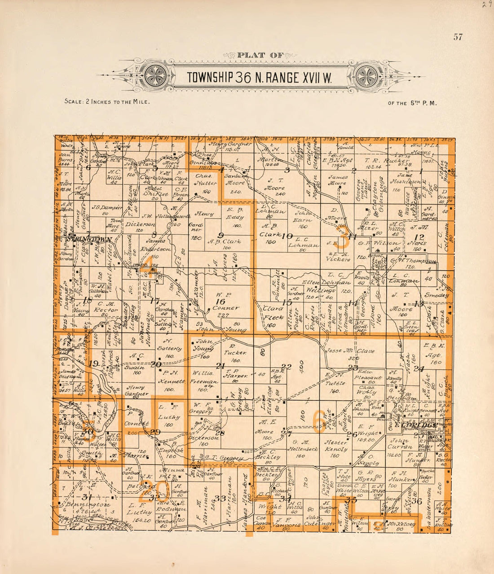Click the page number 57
[x=458, y=37]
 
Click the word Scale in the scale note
[x=72, y=101]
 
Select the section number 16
[x=220, y=302]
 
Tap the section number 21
[x=220, y=366]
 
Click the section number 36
[x=417, y=501]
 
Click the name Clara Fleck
[x=273, y=313]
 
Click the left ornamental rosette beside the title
[x=156, y=75]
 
